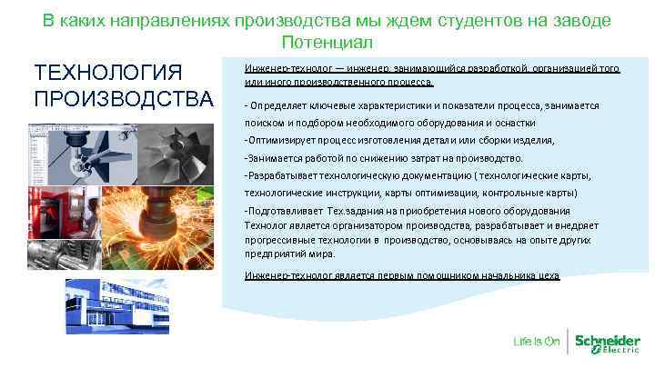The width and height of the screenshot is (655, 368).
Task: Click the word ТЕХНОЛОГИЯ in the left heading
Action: [x=108, y=72]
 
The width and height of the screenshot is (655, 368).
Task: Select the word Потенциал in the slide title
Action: [x=327, y=42]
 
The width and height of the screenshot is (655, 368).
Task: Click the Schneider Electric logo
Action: [x=609, y=342]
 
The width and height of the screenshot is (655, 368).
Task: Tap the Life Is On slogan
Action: [x=536, y=343]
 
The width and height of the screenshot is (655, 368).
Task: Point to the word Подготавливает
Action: [x=283, y=210]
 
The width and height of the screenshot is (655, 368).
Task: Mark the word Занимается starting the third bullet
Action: [x=273, y=157]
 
